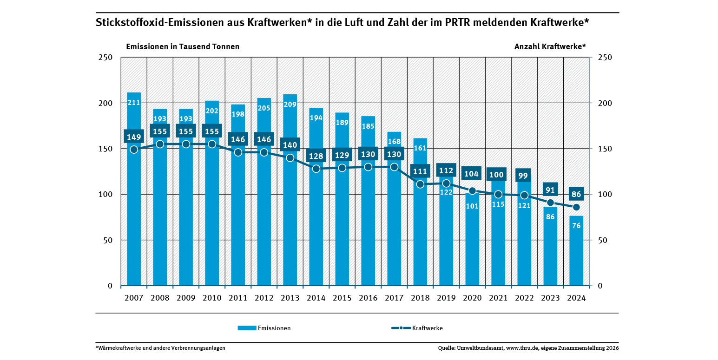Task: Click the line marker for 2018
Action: pyautogui.click(x=420, y=184)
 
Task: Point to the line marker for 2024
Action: pyautogui.click(x=576, y=207)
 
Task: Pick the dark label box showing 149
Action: pyautogui.click(x=134, y=137)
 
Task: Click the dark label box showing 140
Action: pyautogui.click(x=290, y=145)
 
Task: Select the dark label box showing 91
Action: pyautogui.click(x=550, y=190)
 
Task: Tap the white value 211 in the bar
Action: pyautogui.click(x=134, y=102)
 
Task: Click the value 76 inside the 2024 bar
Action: pyautogui.click(x=576, y=226)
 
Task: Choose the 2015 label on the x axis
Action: pyautogui.click(x=342, y=297)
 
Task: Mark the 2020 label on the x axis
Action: pyautogui.click(x=472, y=297)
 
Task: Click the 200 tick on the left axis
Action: pyautogui.click(x=107, y=103)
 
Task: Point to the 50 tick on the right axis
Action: pyautogui.click(x=602, y=240)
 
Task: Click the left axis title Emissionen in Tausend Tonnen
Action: pyautogui.click(x=183, y=46)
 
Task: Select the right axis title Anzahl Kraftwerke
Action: pyautogui.click(x=550, y=46)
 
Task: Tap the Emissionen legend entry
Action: pyautogui.click(x=264, y=328)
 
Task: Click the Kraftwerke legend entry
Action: pyautogui.click(x=417, y=328)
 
